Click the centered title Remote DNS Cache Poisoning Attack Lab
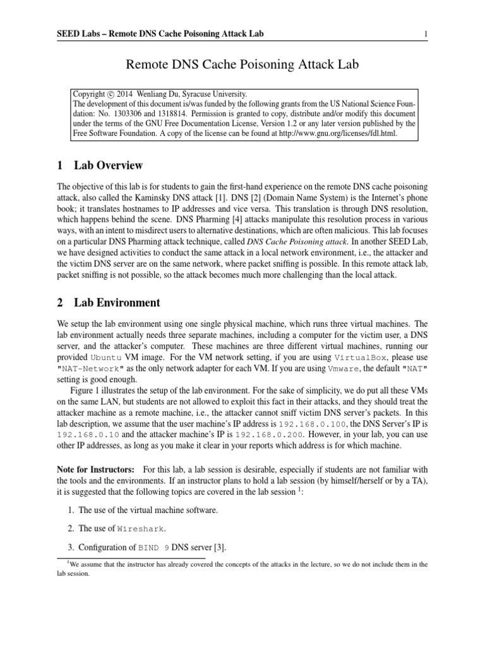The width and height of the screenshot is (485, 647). coord(242,63)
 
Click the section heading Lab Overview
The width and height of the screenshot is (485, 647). coord(108,166)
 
